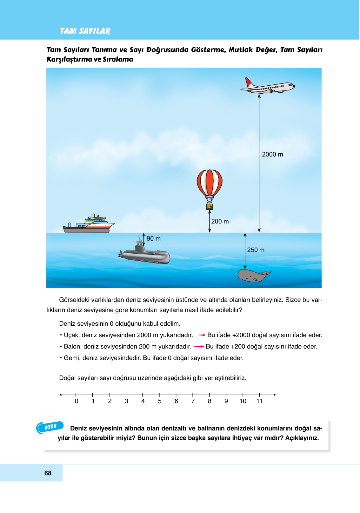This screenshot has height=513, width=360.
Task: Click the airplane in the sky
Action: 268,86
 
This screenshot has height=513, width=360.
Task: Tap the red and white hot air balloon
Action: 210,184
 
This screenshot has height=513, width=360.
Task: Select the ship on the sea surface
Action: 89,224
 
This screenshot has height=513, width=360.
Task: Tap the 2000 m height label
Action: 272,155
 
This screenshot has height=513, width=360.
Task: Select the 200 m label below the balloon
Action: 220,222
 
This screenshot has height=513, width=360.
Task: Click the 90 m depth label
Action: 154,239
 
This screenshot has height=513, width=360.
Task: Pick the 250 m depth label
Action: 256,250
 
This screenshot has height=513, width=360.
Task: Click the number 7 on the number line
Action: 193,401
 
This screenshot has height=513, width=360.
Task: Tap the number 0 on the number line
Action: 77,401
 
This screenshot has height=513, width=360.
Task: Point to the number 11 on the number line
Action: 259,401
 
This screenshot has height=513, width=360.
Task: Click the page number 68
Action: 48,473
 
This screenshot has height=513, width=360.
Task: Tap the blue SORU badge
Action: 50,427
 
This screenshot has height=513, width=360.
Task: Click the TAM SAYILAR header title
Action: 85,31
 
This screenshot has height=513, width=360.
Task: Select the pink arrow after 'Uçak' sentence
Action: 200,335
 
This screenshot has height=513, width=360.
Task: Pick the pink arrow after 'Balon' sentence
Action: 199,347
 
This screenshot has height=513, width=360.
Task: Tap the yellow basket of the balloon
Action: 210,207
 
